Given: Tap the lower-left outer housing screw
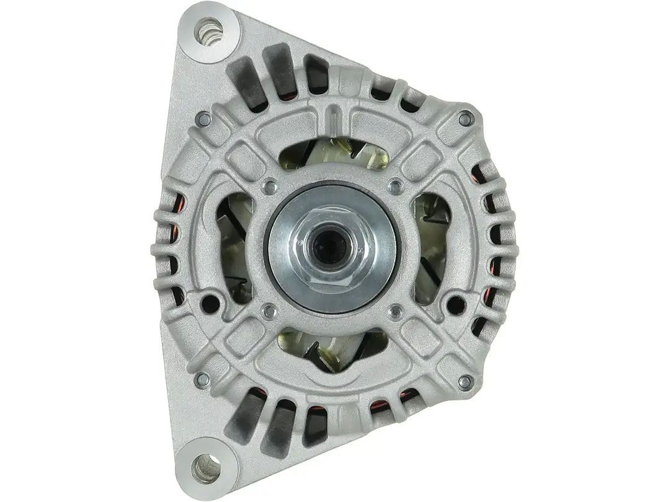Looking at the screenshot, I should [x=202, y=379].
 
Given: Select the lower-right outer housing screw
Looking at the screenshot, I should [x=465, y=382].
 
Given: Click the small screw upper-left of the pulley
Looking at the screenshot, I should [x=269, y=184].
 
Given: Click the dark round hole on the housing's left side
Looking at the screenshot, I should [x=210, y=304].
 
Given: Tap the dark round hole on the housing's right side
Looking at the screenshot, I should [x=456, y=304].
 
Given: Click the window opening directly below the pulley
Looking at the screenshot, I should [x=332, y=347].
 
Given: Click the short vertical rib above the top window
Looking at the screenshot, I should [x=334, y=115].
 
